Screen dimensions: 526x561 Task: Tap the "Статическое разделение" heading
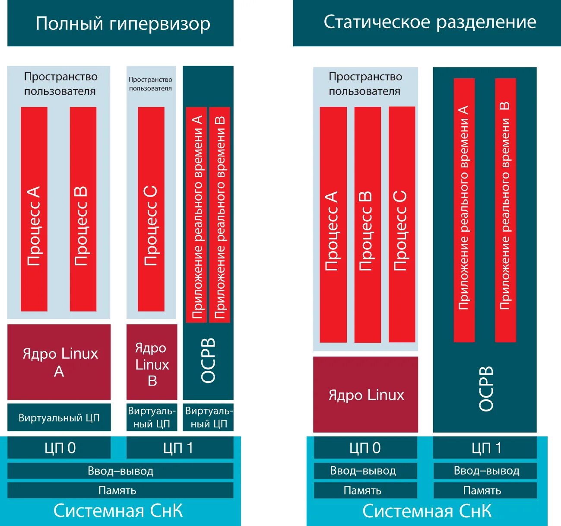[x=429, y=22]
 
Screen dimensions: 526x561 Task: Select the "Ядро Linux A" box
[x=59, y=362]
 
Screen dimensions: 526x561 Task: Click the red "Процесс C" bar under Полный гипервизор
[x=151, y=209]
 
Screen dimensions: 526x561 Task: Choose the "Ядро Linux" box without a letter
[x=366, y=395]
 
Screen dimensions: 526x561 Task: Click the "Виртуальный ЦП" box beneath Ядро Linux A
[x=59, y=418]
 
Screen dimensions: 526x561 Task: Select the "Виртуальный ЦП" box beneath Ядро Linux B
[x=152, y=418]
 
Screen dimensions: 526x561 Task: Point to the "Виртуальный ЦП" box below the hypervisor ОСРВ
[x=208, y=418]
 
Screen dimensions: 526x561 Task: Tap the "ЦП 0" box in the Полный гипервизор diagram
[x=59, y=448]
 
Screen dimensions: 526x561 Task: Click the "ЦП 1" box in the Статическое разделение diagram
[x=485, y=448]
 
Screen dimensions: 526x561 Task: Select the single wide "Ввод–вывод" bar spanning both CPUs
[x=120, y=471]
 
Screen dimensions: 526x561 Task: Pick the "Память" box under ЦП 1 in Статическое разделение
[x=485, y=490]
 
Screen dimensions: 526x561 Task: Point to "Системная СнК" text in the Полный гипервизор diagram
[x=118, y=511]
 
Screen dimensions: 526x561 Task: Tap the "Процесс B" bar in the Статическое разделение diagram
[x=368, y=225]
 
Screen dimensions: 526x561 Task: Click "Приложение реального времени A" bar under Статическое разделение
[x=464, y=210]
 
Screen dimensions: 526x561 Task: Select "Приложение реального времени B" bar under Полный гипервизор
[x=219, y=215]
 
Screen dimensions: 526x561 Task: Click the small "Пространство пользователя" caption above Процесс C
[x=150, y=84]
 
